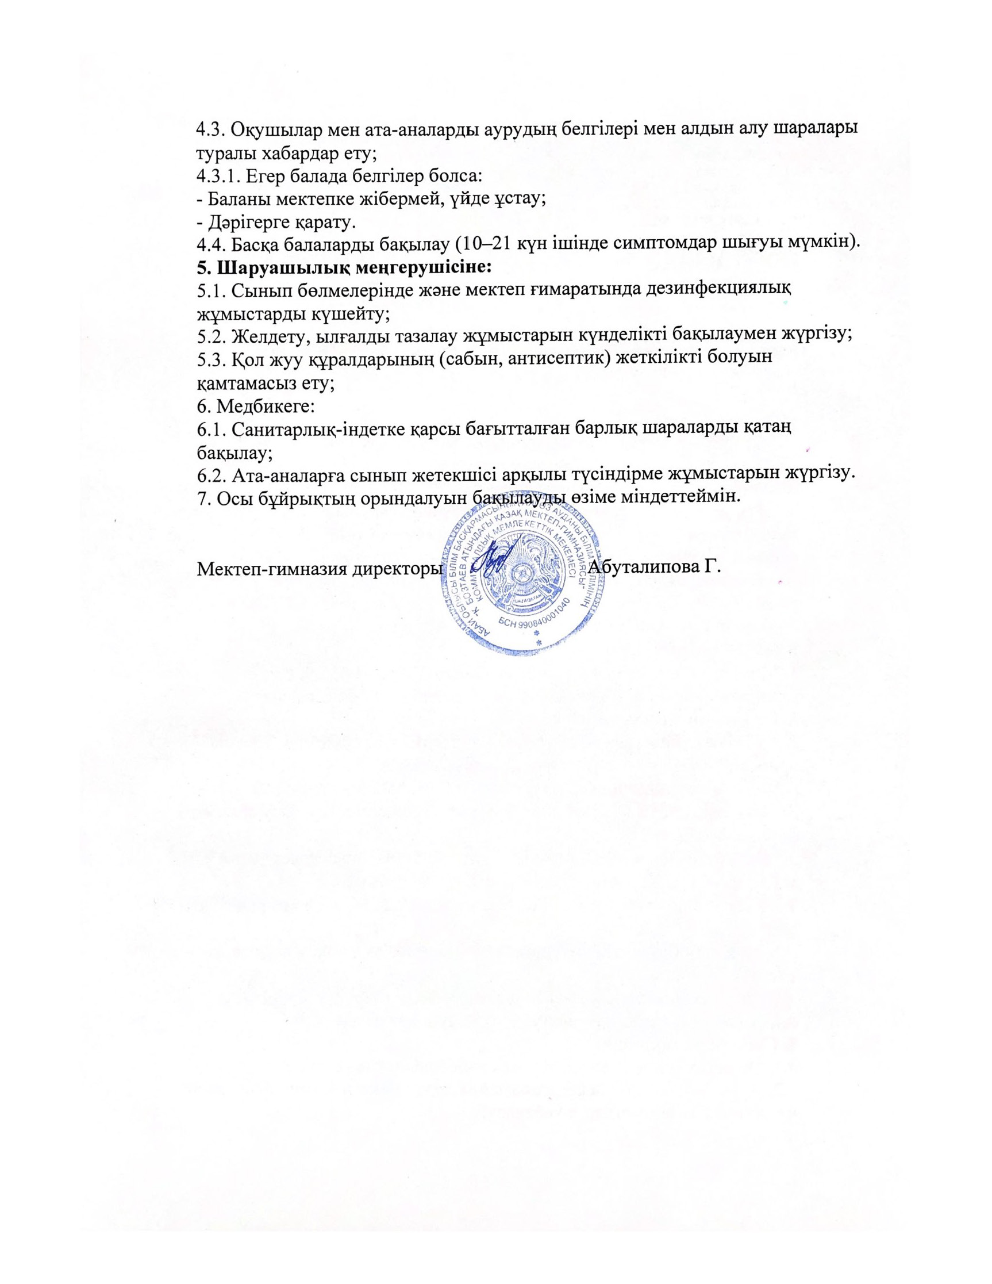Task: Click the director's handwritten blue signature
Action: (491, 558)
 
